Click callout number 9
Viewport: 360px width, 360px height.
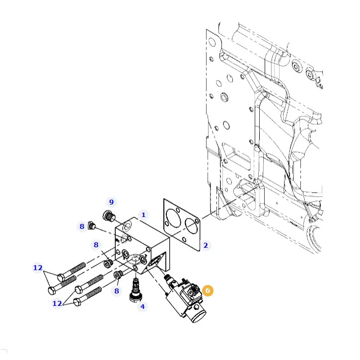point(111,202)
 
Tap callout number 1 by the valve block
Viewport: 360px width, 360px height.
point(144,215)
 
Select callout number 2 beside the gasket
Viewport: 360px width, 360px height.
point(206,245)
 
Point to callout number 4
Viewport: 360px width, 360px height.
point(143,306)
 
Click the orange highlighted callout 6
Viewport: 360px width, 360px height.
point(208,290)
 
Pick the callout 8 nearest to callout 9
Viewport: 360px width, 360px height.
point(82,226)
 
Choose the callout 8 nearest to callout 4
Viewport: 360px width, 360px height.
point(117,291)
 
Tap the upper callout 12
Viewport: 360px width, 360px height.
point(38,268)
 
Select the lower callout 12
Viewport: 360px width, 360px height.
point(57,303)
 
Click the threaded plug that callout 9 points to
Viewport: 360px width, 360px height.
point(109,216)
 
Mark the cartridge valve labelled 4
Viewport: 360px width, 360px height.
point(136,290)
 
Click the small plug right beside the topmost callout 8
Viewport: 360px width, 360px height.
point(91,225)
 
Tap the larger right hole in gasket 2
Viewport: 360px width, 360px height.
point(191,226)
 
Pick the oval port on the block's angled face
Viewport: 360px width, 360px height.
point(154,262)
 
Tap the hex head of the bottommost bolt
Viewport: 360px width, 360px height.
point(77,302)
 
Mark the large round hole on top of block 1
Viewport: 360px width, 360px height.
point(127,226)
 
